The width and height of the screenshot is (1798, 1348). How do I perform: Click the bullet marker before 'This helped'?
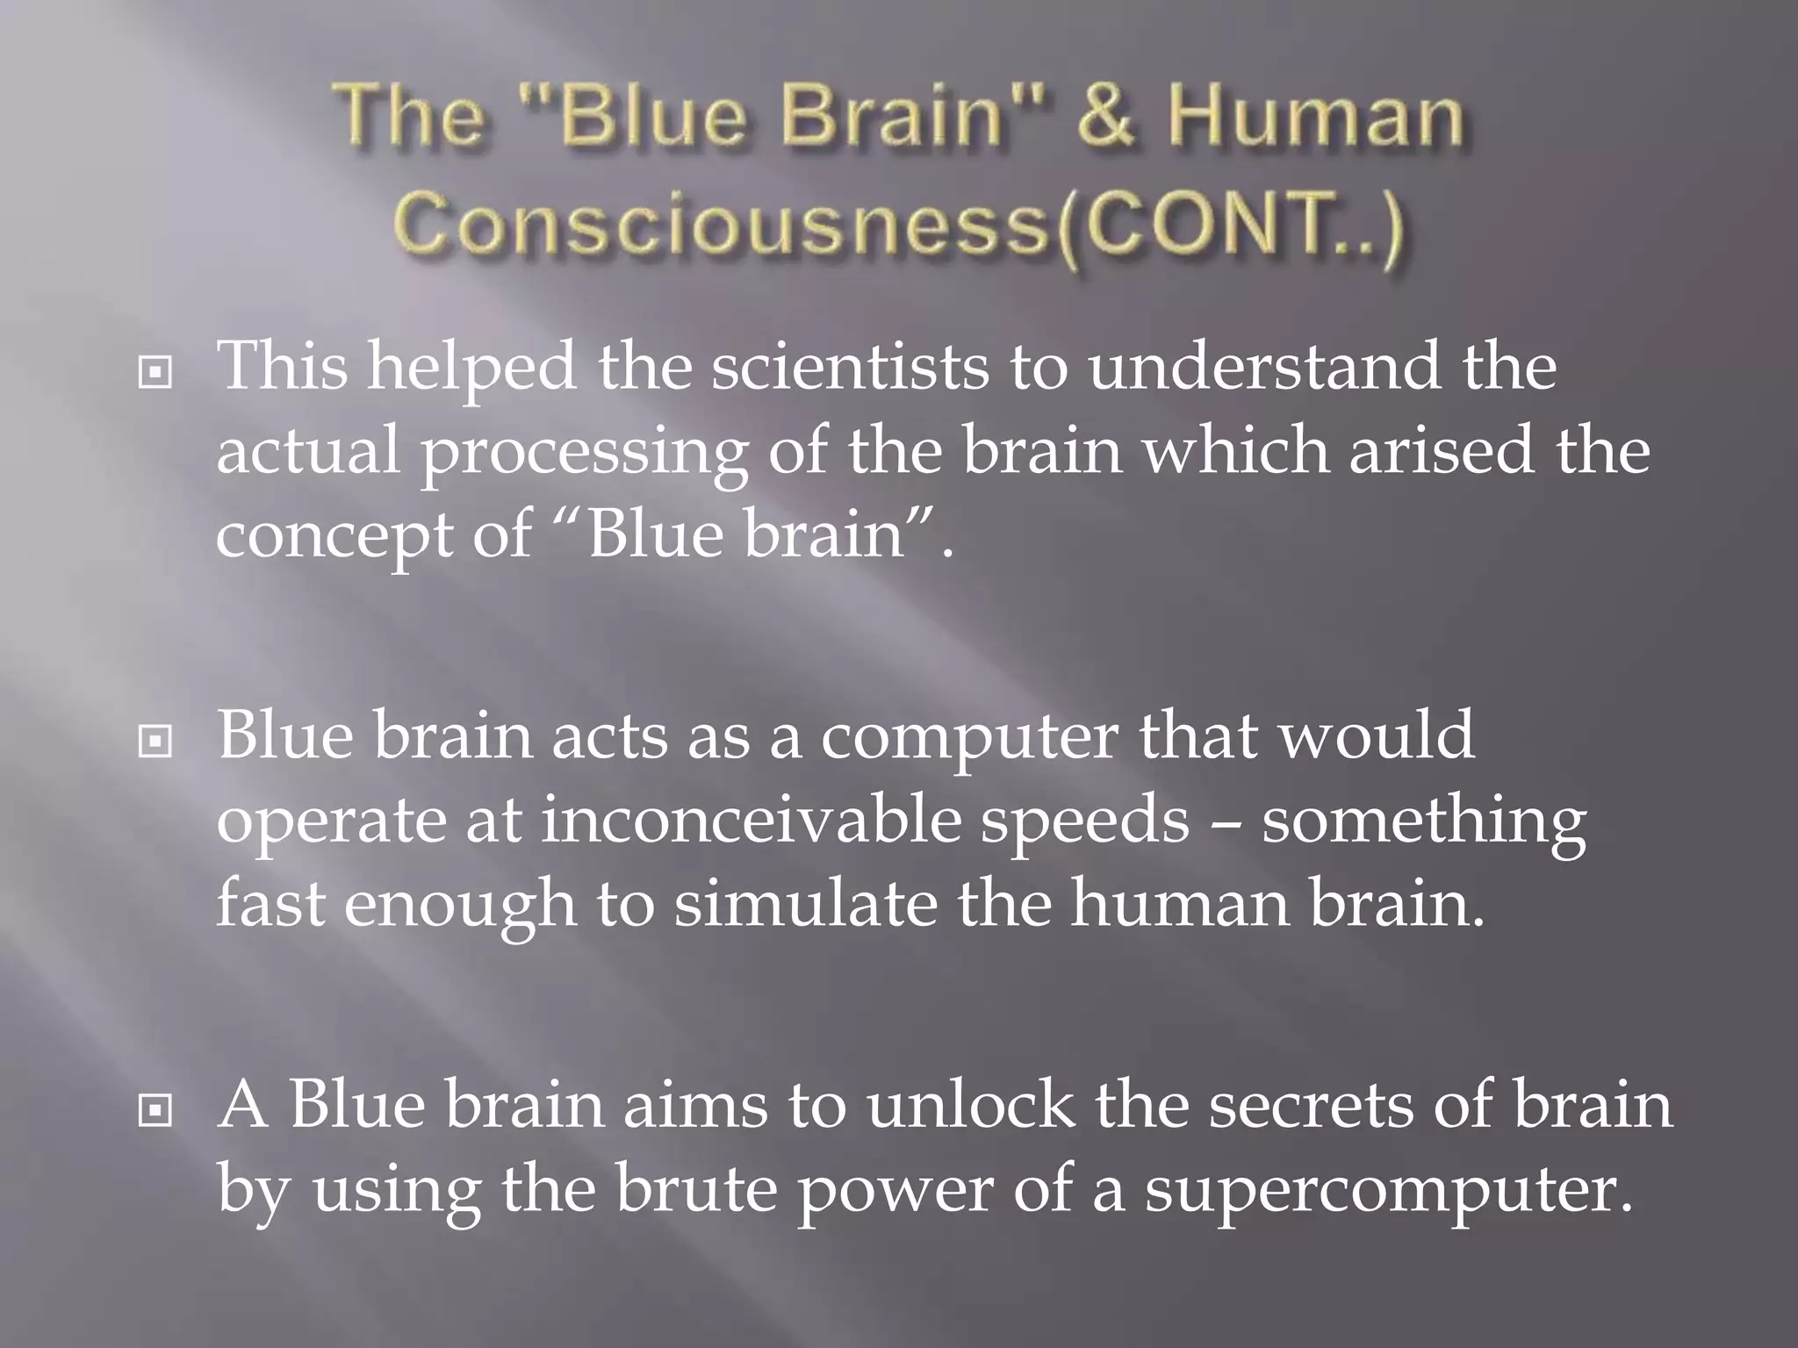[155, 373]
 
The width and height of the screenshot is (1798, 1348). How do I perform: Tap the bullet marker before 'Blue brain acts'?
[155, 742]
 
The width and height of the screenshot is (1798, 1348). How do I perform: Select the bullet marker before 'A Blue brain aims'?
[155, 1112]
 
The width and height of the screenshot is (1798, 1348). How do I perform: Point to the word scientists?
[850, 366]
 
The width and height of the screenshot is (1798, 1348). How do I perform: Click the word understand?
[1264, 366]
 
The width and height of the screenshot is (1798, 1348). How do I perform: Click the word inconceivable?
[751, 821]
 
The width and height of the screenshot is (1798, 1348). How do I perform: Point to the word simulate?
[806, 905]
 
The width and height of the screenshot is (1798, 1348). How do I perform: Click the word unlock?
[970, 1104]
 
